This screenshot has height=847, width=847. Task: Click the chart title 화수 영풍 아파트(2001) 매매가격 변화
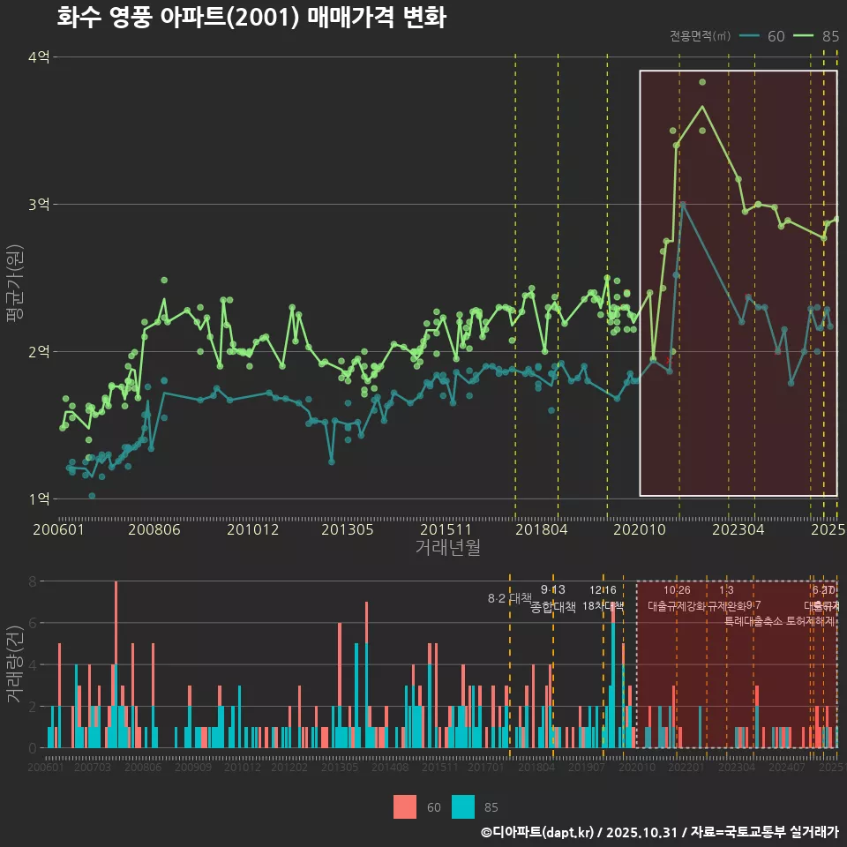(x=251, y=18)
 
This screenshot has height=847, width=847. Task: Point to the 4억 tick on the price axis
(x=39, y=57)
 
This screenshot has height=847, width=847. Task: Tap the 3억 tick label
(x=39, y=205)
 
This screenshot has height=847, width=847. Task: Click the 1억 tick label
(x=39, y=499)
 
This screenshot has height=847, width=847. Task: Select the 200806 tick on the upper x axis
(x=155, y=530)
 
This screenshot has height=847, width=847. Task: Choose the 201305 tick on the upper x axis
(x=347, y=530)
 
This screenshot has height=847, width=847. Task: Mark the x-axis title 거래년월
(x=447, y=548)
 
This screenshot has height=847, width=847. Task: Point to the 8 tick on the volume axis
(x=32, y=581)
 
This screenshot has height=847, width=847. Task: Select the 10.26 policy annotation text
(x=677, y=590)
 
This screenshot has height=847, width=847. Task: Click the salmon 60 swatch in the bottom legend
(x=405, y=806)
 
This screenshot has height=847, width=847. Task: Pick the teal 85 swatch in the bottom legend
(x=462, y=806)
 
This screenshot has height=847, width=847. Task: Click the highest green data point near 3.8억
(x=702, y=82)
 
